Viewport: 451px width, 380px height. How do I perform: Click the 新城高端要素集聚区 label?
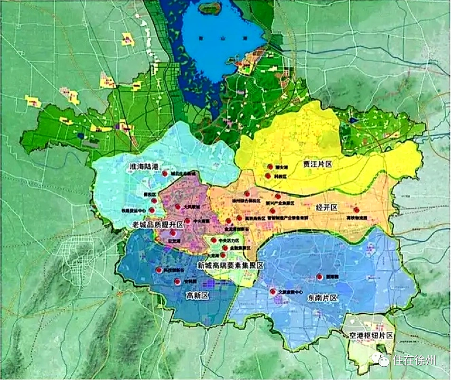(230, 265)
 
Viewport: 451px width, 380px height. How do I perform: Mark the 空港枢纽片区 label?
(371, 335)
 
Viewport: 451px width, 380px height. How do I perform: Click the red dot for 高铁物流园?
(356, 209)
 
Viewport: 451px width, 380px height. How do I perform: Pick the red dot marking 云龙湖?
(173, 234)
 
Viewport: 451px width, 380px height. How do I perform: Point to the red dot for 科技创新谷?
(159, 270)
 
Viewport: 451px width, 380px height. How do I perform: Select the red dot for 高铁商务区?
(239, 218)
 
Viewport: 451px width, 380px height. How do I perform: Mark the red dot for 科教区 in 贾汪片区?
(268, 176)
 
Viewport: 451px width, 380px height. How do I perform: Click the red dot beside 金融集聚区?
(225, 248)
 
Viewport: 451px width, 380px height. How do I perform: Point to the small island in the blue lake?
(209, 8)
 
